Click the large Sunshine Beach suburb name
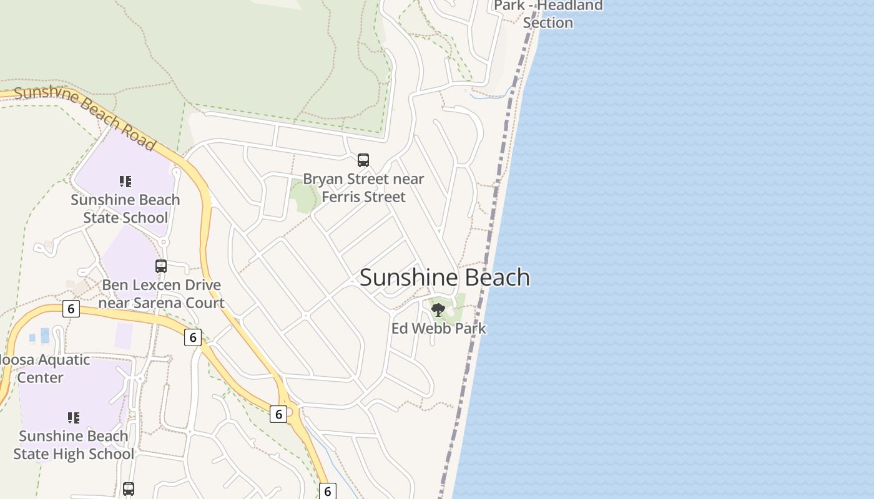point(444,278)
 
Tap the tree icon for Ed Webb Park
point(438,309)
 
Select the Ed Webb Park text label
point(438,328)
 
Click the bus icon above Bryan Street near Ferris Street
point(363,160)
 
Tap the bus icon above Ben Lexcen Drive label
point(161,266)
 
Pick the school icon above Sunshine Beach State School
point(125,182)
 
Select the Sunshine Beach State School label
point(125,209)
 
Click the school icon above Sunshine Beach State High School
point(74,417)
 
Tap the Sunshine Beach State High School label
point(74,445)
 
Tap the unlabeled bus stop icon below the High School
point(129,489)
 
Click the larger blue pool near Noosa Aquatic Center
point(45,336)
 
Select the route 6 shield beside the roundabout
point(278,414)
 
